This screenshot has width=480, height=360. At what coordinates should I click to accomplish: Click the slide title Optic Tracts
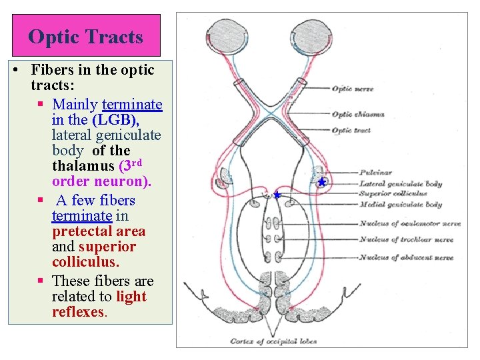click(85, 36)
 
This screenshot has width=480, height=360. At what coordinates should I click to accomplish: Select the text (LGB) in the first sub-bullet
click(115, 120)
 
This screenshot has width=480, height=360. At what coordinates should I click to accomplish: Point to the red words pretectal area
click(99, 231)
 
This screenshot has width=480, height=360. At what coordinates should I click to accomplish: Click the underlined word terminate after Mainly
click(132, 104)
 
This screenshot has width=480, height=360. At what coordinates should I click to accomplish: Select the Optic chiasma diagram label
click(357, 114)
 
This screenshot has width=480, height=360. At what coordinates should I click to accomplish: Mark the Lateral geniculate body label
click(400, 183)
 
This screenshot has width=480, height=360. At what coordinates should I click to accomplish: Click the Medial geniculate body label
click(400, 205)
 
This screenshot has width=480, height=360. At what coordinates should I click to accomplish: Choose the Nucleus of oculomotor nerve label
click(406, 223)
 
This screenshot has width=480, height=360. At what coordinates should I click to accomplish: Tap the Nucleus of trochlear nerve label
click(406, 240)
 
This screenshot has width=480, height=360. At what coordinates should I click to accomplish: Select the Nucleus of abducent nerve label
click(406, 257)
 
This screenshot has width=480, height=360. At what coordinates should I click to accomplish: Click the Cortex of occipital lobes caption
click(273, 341)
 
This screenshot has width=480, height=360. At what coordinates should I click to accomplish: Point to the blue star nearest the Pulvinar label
click(322, 181)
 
